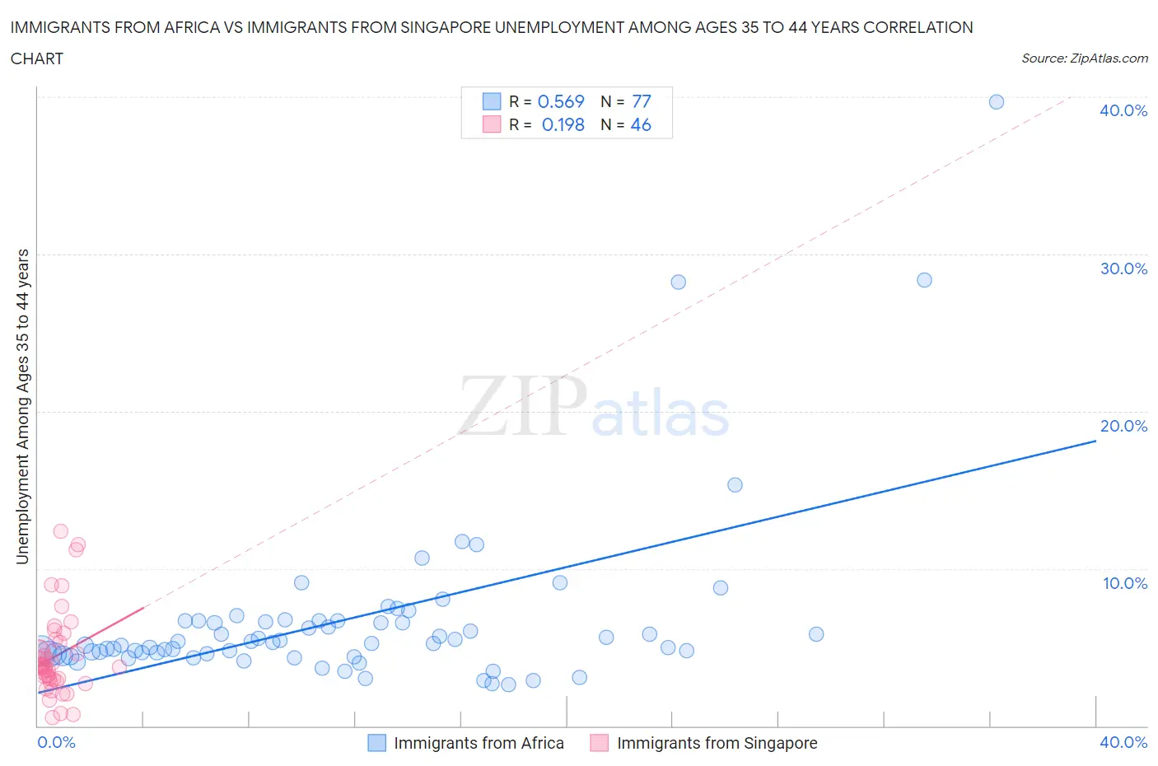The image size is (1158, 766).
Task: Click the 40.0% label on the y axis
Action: click(1123, 110)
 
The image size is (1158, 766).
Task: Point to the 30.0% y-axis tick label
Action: click(1123, 269)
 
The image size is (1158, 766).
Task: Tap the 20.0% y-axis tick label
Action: click(1123, 426)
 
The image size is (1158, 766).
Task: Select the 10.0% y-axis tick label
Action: click(1123, 583)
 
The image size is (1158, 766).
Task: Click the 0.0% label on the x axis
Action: click(56, 742)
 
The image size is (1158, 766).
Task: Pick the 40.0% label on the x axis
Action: click(1123, 742)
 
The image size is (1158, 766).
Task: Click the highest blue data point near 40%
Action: click(996, 102)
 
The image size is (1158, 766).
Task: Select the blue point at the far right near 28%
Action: click(924, 280)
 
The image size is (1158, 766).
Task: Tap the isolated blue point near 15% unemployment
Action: click(735, 485)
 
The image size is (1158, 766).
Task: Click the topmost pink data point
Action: click(60, 531)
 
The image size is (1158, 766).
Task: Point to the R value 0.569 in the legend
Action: click(561, 101)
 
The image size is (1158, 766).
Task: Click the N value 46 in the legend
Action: click(640, 124)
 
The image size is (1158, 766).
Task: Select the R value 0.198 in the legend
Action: click(563, 124)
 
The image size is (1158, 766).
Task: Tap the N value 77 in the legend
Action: click(641, 101)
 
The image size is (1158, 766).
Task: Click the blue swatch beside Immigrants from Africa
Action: click(376, 743)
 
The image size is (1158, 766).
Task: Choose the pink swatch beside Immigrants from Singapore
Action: click(599, 743)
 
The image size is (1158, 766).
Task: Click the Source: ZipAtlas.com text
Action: click(1084, 58)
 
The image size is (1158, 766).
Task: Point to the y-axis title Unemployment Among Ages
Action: click(22, 406)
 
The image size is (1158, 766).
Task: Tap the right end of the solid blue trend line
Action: click(1095, 441)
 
